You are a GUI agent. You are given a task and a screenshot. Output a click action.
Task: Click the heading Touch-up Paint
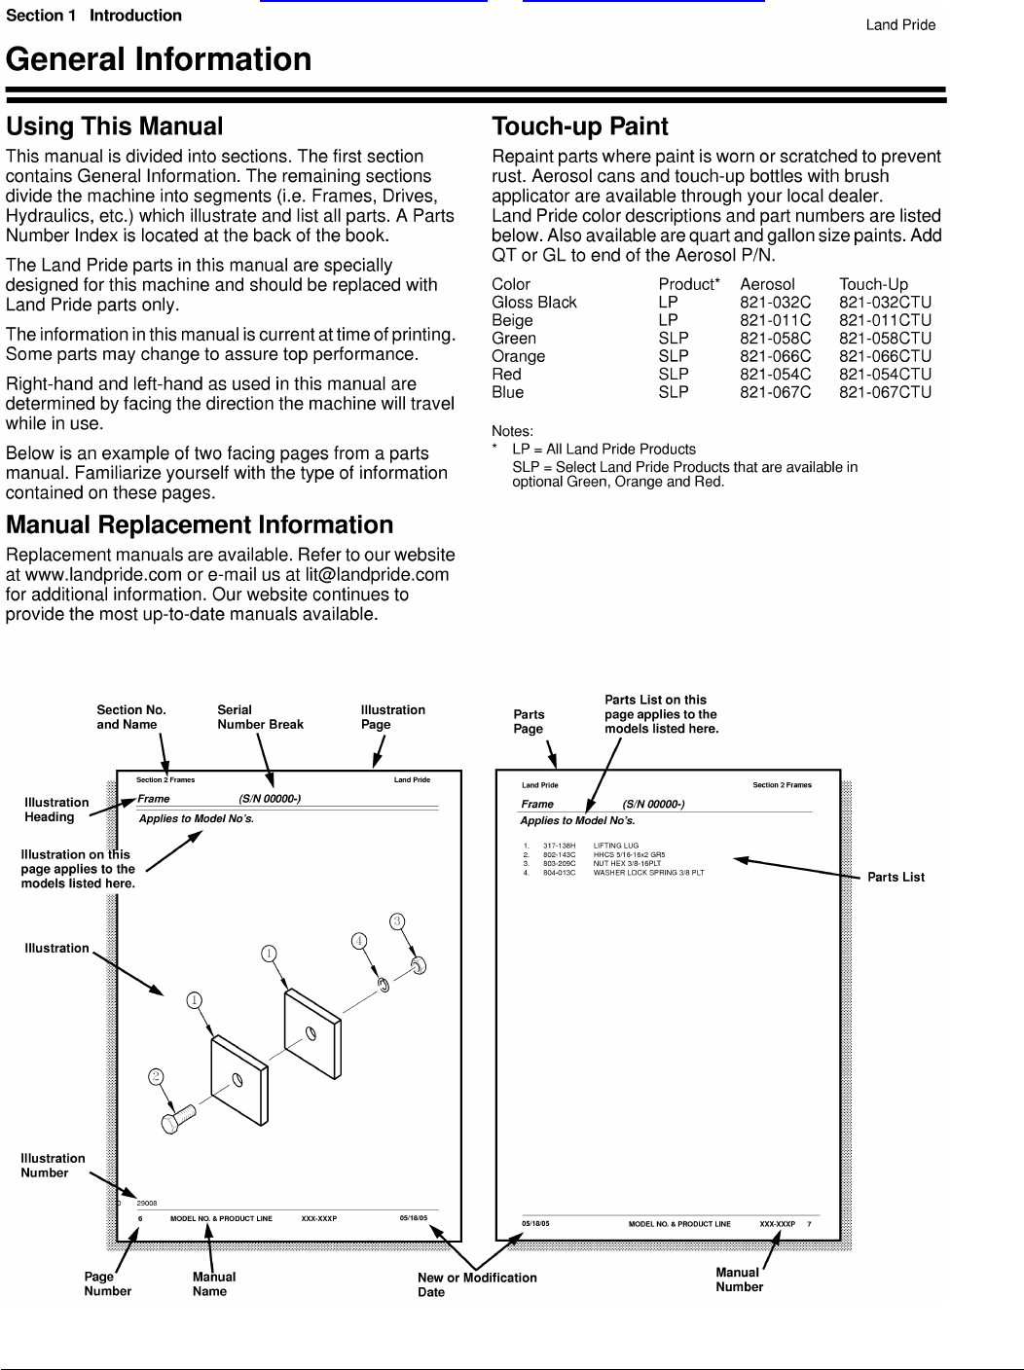pos(580,126)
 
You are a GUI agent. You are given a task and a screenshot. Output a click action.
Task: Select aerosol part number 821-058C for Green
pos(775,339)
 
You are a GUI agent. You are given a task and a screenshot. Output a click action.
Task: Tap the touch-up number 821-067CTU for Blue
pos(885,392)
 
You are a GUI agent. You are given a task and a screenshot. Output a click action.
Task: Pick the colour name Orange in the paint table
pos(518,356)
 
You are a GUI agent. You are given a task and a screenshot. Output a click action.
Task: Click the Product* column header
pos(688,284)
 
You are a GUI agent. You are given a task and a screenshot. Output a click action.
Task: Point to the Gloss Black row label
pos(533,303)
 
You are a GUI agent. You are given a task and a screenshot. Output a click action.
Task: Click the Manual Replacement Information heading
pos(200,525)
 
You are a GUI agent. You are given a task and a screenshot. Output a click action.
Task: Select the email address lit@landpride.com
pos(377,575)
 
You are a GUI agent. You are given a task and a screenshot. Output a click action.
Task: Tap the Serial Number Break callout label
pos(260,717)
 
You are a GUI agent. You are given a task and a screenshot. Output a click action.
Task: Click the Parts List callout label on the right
pos(896,877)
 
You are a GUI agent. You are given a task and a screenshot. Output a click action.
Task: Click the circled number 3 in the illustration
pos(397,920)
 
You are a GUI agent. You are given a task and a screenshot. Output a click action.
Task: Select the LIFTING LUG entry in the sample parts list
pos(615,846)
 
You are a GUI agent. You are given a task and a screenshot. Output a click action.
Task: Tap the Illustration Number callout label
pos(53,1166)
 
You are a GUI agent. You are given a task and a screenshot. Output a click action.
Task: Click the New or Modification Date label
pos(477,1284)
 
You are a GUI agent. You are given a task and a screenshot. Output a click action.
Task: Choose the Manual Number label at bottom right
pos(739,1280)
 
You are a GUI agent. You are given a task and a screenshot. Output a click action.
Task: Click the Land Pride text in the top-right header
pos(900,25)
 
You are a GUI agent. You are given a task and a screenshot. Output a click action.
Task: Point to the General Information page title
pos(159,60)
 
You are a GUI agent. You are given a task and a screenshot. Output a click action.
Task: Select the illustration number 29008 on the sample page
pos(147,1204)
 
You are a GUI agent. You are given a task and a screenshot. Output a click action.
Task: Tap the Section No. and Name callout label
pos(130,717)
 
